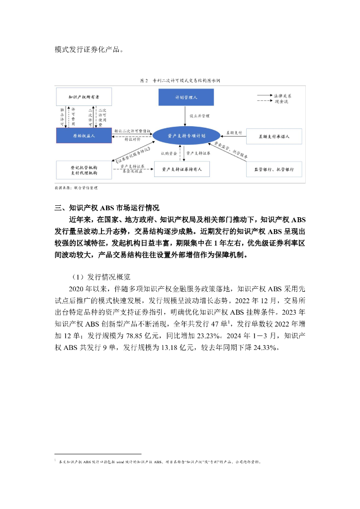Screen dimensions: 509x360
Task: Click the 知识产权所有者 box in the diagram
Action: click(84, 97)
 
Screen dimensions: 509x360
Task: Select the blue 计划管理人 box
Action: click(186, 97)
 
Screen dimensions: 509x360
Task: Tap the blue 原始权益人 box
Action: click(84, 135)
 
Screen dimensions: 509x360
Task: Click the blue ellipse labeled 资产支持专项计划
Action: click(186, 135)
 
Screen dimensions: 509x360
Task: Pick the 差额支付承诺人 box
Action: click(274, 135)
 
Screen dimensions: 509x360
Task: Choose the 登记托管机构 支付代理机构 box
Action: click(84, 170)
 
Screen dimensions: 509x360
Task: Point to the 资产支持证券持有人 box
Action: click(182, 170)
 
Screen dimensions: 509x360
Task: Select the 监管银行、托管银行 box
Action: click(274, 170)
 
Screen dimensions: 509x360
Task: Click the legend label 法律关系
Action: click(281, 95)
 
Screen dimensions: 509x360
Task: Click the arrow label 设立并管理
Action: click(198, 116)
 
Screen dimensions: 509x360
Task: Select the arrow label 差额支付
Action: click(234, 133)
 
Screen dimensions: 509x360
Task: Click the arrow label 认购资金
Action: click(169, 154)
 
